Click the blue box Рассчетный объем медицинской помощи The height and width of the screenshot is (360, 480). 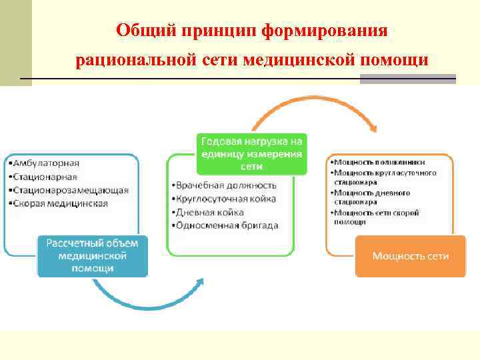(x=92, y=255)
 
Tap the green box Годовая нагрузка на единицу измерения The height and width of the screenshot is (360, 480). (x=251, y=153)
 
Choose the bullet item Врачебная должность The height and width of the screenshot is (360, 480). (x=223, y=185)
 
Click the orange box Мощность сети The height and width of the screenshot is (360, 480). (x=410, y=256)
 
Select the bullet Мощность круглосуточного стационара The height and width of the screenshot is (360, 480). (x=384, y=177)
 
